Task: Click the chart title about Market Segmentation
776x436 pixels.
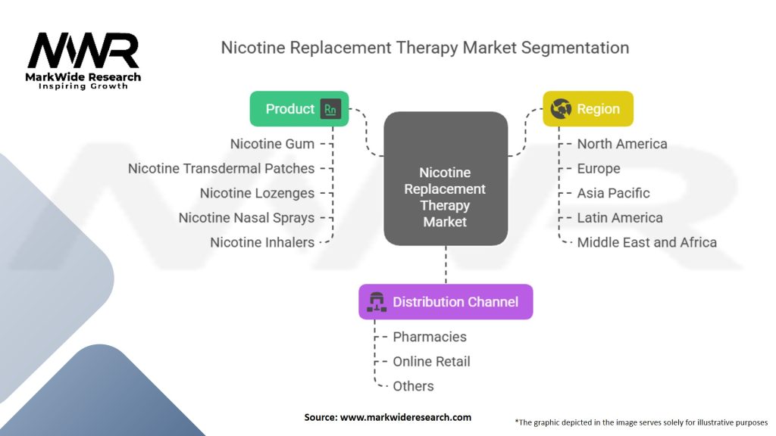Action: point(424,48)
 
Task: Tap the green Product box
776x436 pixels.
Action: point(299,109)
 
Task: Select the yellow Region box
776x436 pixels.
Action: point(588,109)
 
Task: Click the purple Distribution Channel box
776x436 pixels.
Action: point(446,302)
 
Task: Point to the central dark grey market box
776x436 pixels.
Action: point(446,179)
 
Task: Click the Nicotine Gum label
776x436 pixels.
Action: point(272,144)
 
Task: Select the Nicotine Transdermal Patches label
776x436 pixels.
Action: point(221,169)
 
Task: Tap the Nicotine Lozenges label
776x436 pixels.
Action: point(257,193)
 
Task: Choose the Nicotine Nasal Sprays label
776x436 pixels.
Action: point(246,218)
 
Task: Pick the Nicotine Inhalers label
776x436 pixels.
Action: point(262,242)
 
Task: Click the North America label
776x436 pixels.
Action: point(622,144)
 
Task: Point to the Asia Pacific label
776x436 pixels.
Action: point(613,193)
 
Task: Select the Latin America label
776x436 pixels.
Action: point(619,218)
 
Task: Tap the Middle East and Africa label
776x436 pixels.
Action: point(646,242)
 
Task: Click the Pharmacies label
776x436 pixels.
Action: point(430,337)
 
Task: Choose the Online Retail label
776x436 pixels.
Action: point(431,362)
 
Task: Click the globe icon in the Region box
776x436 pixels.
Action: point(561,109)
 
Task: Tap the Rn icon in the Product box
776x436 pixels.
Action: point(330,109)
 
